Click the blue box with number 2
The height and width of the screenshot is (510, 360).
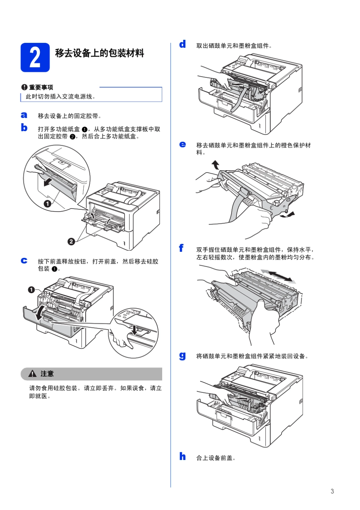click(x=35, y=58)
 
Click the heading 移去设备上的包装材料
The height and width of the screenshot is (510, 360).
click(x=99, y=53)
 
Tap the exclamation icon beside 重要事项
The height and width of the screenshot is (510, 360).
click(x=24, y=87)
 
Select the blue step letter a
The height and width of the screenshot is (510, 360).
click(x=24, y=115)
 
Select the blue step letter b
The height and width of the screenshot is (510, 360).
click(x=24, y=128)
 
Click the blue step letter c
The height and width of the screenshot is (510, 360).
click(x=24, y=260)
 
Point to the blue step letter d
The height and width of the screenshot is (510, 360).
click(x=183, y=44)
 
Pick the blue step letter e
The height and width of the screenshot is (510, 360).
click(x=183, y=144)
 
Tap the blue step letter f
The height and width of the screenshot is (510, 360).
click(x=182, y=248)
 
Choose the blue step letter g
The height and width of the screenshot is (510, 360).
click(x=183, y=356)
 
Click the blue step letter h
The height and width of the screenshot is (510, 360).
click(x=183, y=456)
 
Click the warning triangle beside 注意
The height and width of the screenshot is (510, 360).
click(x=33, y=374)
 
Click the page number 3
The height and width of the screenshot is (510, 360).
click(x=332, y=491)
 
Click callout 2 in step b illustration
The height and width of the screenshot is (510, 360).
click(x=71, y=242)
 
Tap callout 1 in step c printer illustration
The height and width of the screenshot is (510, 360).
click(x=31, y=290)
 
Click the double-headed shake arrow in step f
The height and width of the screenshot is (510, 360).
click(x=279, y=276)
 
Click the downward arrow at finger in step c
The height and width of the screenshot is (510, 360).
click(x=134, y=329)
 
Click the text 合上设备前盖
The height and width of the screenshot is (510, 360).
click(x=216, y=458)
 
